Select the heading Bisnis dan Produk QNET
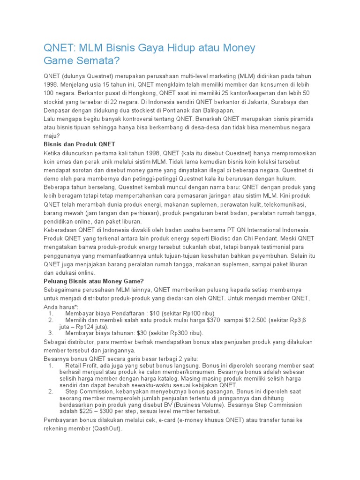tap(79, 144)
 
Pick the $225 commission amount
tap(89, 411)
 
